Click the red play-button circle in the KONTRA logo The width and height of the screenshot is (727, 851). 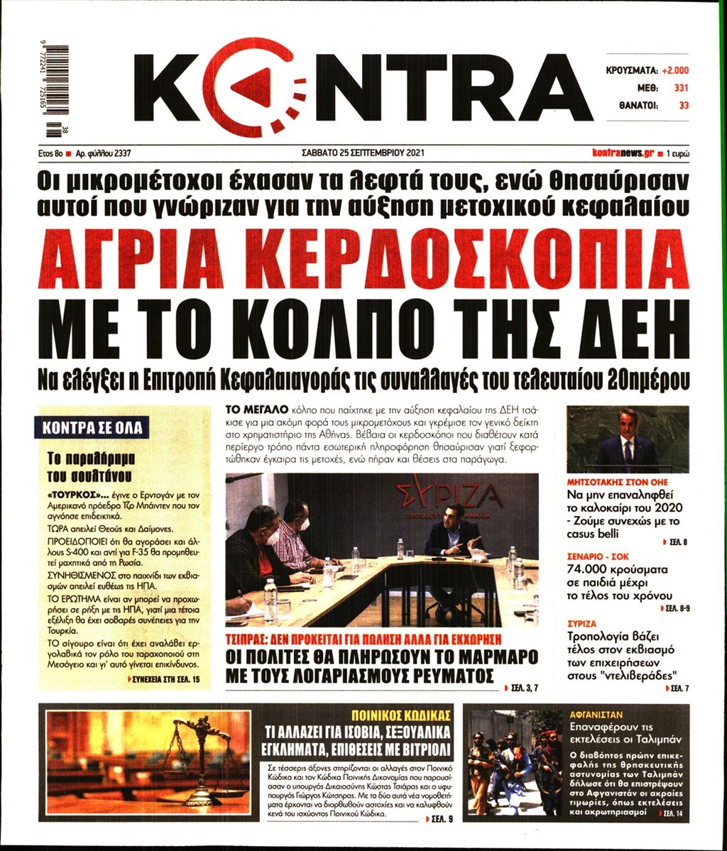click(253, 87)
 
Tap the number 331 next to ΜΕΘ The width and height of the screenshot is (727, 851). click(681, 88)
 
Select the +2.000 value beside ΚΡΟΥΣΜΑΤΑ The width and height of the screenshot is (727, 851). click(675, 71)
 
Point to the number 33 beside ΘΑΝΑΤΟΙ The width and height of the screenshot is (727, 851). click(684, 105)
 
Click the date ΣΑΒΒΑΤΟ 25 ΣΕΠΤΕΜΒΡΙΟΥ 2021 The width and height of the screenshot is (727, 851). click(363, 152)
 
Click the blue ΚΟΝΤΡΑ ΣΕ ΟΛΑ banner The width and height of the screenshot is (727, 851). click(92, 428)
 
